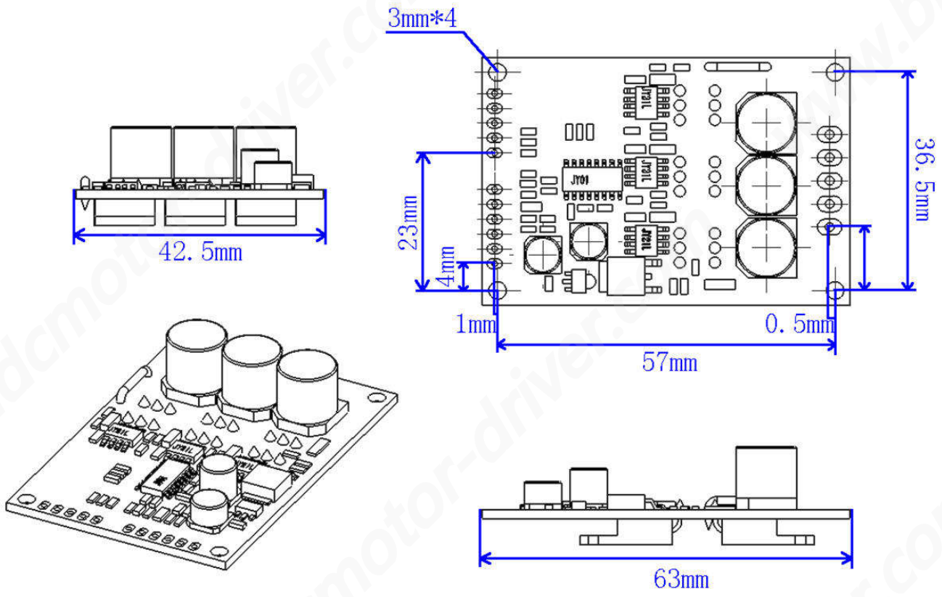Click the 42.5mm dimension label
coord(200,253)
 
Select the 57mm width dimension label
coord(669,362)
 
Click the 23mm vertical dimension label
coord(408,222)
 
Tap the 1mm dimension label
coord(475,325)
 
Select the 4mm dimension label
coord(448,267)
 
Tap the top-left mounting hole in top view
coord(499,71)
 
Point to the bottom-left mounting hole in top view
coord(498,291)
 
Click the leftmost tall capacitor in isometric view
coord(196,360)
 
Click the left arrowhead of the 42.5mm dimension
coord(79,234)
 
